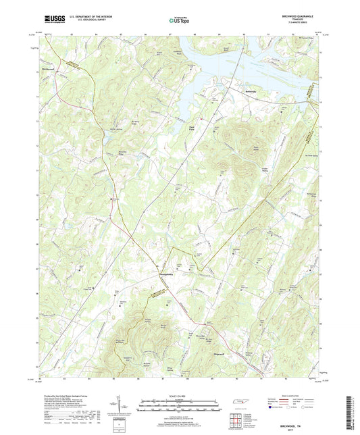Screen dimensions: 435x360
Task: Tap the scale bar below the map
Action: point(180,405)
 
